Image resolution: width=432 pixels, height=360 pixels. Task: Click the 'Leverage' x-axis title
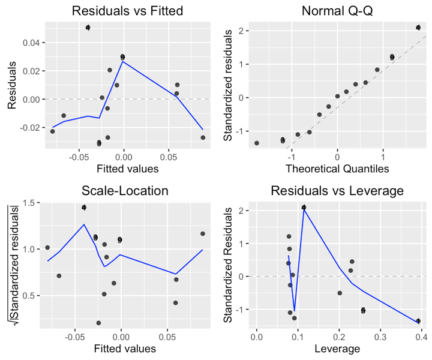337,349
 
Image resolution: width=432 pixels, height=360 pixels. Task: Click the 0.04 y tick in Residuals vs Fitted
28,43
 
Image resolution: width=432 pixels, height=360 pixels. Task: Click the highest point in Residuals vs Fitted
88,28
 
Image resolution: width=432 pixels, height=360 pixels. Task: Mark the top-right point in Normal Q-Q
418,28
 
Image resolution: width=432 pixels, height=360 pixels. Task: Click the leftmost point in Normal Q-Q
257,143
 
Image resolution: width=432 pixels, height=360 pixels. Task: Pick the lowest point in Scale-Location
98,323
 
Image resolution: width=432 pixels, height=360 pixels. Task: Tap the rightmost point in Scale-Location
203,233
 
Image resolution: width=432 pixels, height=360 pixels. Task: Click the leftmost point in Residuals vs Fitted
52,131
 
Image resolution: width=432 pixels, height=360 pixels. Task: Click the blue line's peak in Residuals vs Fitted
123,61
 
